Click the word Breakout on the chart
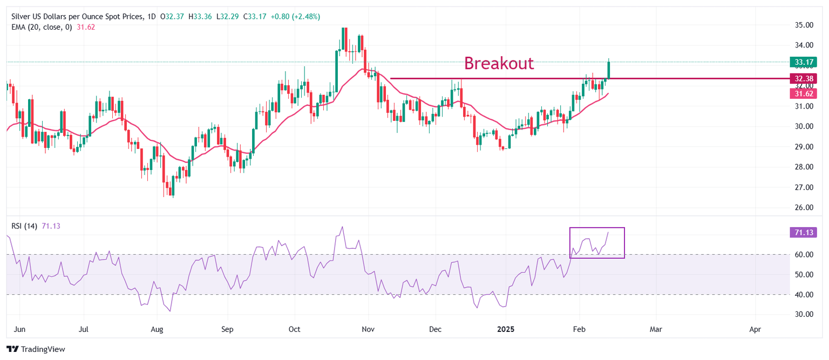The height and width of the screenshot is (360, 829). [499, 63]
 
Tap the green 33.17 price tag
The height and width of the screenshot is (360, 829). [803, 62]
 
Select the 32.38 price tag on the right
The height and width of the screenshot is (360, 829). [803, 79]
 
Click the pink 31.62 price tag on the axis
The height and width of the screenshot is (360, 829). [803, 93]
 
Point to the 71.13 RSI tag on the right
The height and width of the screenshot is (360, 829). [803, 233]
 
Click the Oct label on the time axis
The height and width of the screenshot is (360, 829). [295, 328]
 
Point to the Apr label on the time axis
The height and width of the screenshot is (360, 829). [756, 328]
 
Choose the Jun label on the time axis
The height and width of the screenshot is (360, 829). [19, 328]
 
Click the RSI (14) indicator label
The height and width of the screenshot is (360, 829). [24, 226]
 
